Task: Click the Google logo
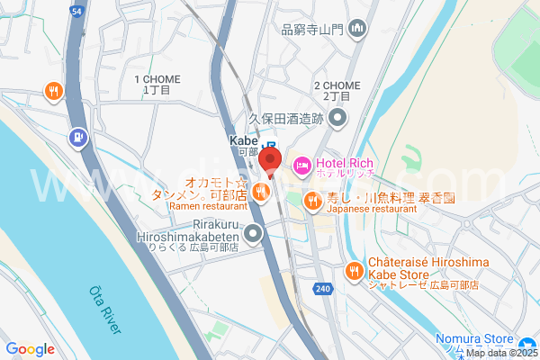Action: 30,349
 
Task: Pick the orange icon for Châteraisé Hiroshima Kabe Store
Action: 355,270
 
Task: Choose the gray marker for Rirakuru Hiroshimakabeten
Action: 253,236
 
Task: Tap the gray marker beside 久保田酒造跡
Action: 337,118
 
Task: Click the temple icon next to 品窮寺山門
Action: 358,29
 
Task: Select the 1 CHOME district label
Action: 153,80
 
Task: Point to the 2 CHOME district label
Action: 337,85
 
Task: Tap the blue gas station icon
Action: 77,138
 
